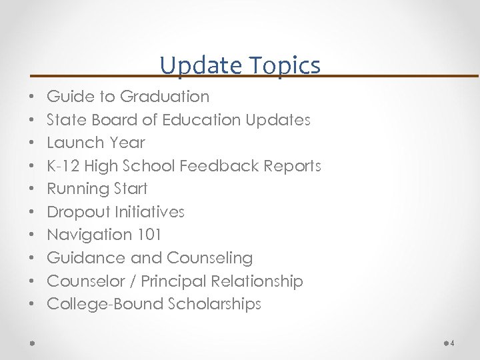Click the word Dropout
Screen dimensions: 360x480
click(x=78, y=212)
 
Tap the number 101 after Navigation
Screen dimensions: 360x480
click(x=147, y=235)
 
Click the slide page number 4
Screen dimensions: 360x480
click(x=453, y=343)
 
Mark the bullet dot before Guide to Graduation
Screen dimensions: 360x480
click(x=33, y=97)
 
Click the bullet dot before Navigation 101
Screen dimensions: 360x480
click(x=33, y=235)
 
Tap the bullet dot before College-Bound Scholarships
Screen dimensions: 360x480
click(x=33, y=305)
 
